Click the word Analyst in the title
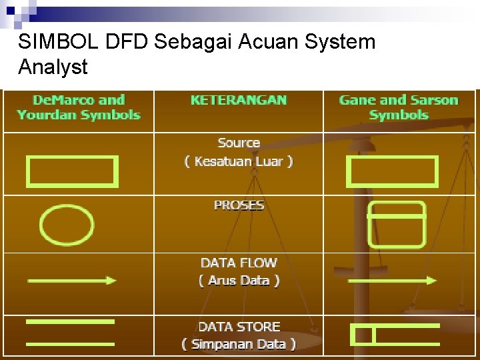[53, 67]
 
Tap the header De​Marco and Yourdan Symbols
[79, 107]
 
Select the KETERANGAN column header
[239, 100]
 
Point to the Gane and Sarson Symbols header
[399, 107]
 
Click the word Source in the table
[239, 143]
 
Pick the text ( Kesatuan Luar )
[239, 161]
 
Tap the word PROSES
[239, 205]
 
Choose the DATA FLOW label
[239, 263]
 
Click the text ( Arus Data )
[239, 281]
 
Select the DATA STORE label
[239, 327]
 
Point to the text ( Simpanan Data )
[239, 345]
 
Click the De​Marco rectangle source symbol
[72, 171]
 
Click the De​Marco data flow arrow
[71, 281]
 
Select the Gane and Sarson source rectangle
[392, 172]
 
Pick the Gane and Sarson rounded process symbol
[397, 225]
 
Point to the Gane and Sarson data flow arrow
[392, 281]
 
